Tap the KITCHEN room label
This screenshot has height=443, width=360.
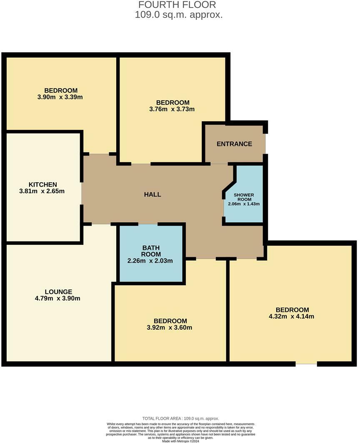point(42,184)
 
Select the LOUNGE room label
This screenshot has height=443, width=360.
point(59,292)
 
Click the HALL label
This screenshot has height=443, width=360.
point(152,194)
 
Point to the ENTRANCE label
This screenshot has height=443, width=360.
point(234,144)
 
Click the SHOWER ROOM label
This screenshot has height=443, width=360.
point(244,197)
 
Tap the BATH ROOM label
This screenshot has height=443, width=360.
point(150,251)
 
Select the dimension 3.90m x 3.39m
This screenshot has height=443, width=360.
point(61,97)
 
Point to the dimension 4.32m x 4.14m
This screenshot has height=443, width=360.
point(292,316)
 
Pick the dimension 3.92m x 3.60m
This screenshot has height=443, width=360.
point(170,328)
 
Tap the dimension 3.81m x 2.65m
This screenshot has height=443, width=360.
point(42,192)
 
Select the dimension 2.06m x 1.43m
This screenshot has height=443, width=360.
point(244,204)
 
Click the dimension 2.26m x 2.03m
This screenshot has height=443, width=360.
point(150,261)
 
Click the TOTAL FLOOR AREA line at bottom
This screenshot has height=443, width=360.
point(180,418)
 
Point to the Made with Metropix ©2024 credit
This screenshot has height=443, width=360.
point(180,441)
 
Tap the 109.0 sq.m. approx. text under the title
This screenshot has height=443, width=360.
point(179,15)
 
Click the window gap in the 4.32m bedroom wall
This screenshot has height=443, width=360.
point(306,364)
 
